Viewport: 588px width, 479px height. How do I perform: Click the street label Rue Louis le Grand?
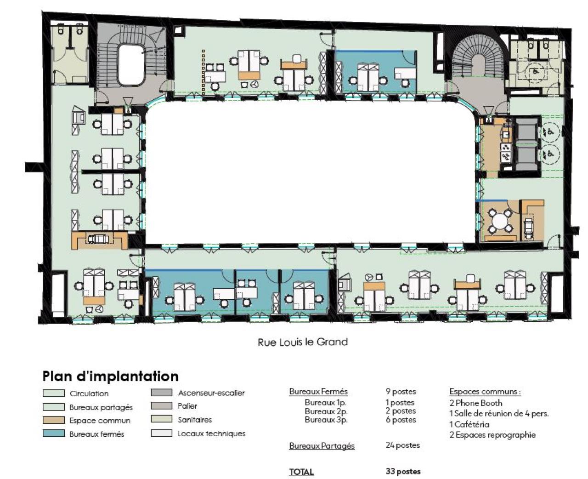(x=303, y=342)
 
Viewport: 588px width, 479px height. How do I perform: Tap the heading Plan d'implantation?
(x=110, y=376)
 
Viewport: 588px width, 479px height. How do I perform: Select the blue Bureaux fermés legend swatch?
(x=54, y=433)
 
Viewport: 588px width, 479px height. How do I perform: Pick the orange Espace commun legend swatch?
(x=54, y=420)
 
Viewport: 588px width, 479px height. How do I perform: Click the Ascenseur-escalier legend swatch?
(x=162, y=392)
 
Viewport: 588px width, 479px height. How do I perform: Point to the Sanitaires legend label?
(x=195, y=420)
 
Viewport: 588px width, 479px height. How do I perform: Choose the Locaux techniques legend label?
(x=211, y=433)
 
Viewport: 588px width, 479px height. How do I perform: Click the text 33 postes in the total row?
(x=403, y=471)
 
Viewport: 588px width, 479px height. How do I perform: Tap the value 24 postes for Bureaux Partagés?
(x=403, y=445)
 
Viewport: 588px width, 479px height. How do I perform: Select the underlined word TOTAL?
(x=301, y=472)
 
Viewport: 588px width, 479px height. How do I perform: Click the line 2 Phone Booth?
(x=475, y=403)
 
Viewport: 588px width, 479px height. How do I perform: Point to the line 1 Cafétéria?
(x=469, y=424)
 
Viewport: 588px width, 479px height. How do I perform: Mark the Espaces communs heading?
(x=485, y=392)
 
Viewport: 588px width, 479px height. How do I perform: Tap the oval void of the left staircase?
(x=131, y=65)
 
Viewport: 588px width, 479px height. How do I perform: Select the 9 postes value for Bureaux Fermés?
(x=401, y=392)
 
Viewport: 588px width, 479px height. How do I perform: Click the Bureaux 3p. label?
(x=326, y=420)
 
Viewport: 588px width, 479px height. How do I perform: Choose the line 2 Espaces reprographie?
(x=492, y=434)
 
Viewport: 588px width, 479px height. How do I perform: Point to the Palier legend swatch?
(x=162, y=405)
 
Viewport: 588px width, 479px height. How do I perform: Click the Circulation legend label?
(x=89, y=393)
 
